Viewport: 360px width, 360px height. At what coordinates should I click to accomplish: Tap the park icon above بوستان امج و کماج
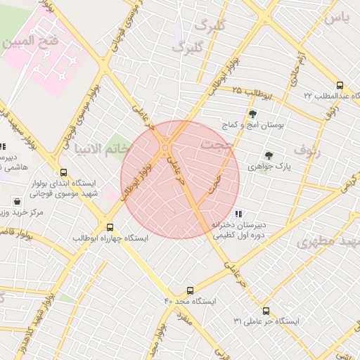click(x=252, y=114)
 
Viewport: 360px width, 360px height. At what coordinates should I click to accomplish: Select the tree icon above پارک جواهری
click(x=268, y=155)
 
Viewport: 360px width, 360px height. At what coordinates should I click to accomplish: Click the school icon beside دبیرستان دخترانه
click(x=239, y=213)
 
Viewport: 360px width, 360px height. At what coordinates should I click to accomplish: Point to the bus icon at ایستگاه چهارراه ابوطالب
click(x=110, y=227)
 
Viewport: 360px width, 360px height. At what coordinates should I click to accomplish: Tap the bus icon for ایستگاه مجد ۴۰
click(x=190, y=290)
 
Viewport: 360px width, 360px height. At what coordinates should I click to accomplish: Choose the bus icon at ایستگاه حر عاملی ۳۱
click(x=266, y=310)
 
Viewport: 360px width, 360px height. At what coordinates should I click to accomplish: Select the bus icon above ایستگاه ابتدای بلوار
click(x=64, y=172)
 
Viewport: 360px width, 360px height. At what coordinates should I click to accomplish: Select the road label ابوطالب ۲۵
click(x=253, y=91)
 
